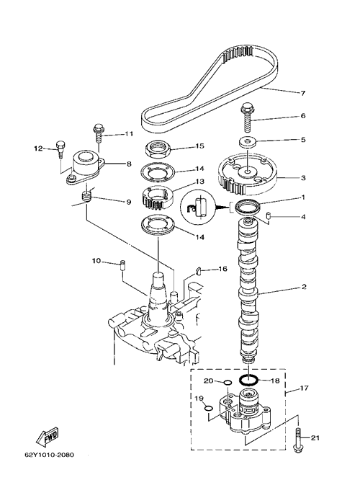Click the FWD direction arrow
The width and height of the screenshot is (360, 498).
tap(48, 436)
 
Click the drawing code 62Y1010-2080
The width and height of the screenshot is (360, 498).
tap(49, 455)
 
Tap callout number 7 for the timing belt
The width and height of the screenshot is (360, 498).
tap(302, 93)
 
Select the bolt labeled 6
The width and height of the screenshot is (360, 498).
tap(248, 117)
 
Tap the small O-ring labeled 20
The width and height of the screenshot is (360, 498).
tap(228, 383)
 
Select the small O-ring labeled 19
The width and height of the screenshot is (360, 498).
tap(208, 408)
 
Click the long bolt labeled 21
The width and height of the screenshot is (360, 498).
tap(299, 440)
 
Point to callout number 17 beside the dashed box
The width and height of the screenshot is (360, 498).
tap(304, 388)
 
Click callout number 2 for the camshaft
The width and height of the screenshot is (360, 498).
tap(304, 287)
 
